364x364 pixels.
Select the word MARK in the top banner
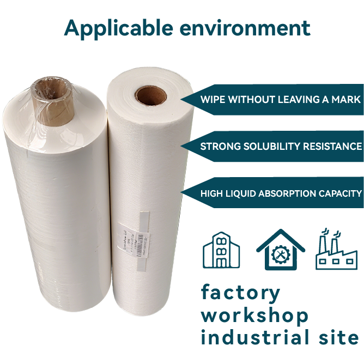tap(347, 100)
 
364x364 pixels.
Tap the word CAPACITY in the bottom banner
tap(341, 193)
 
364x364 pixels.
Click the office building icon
tap(222, 250)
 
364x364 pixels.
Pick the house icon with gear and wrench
tap(281, 250)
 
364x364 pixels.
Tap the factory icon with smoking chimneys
tap(336, 250)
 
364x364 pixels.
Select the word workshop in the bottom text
tap(254, 316)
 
